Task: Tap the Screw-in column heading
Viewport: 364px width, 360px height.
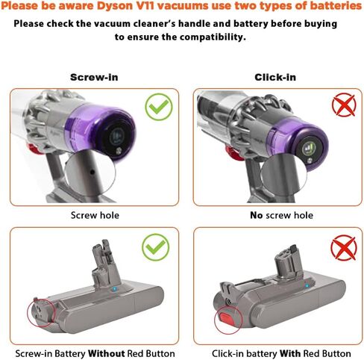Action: coord(94,77)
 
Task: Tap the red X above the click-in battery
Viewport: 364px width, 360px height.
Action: coord(342,247)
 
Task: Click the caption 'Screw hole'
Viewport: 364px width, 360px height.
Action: coord(94,215)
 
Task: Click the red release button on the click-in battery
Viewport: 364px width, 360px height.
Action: coord(225,320)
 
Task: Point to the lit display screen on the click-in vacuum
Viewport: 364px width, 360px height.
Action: coord(310,147)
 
